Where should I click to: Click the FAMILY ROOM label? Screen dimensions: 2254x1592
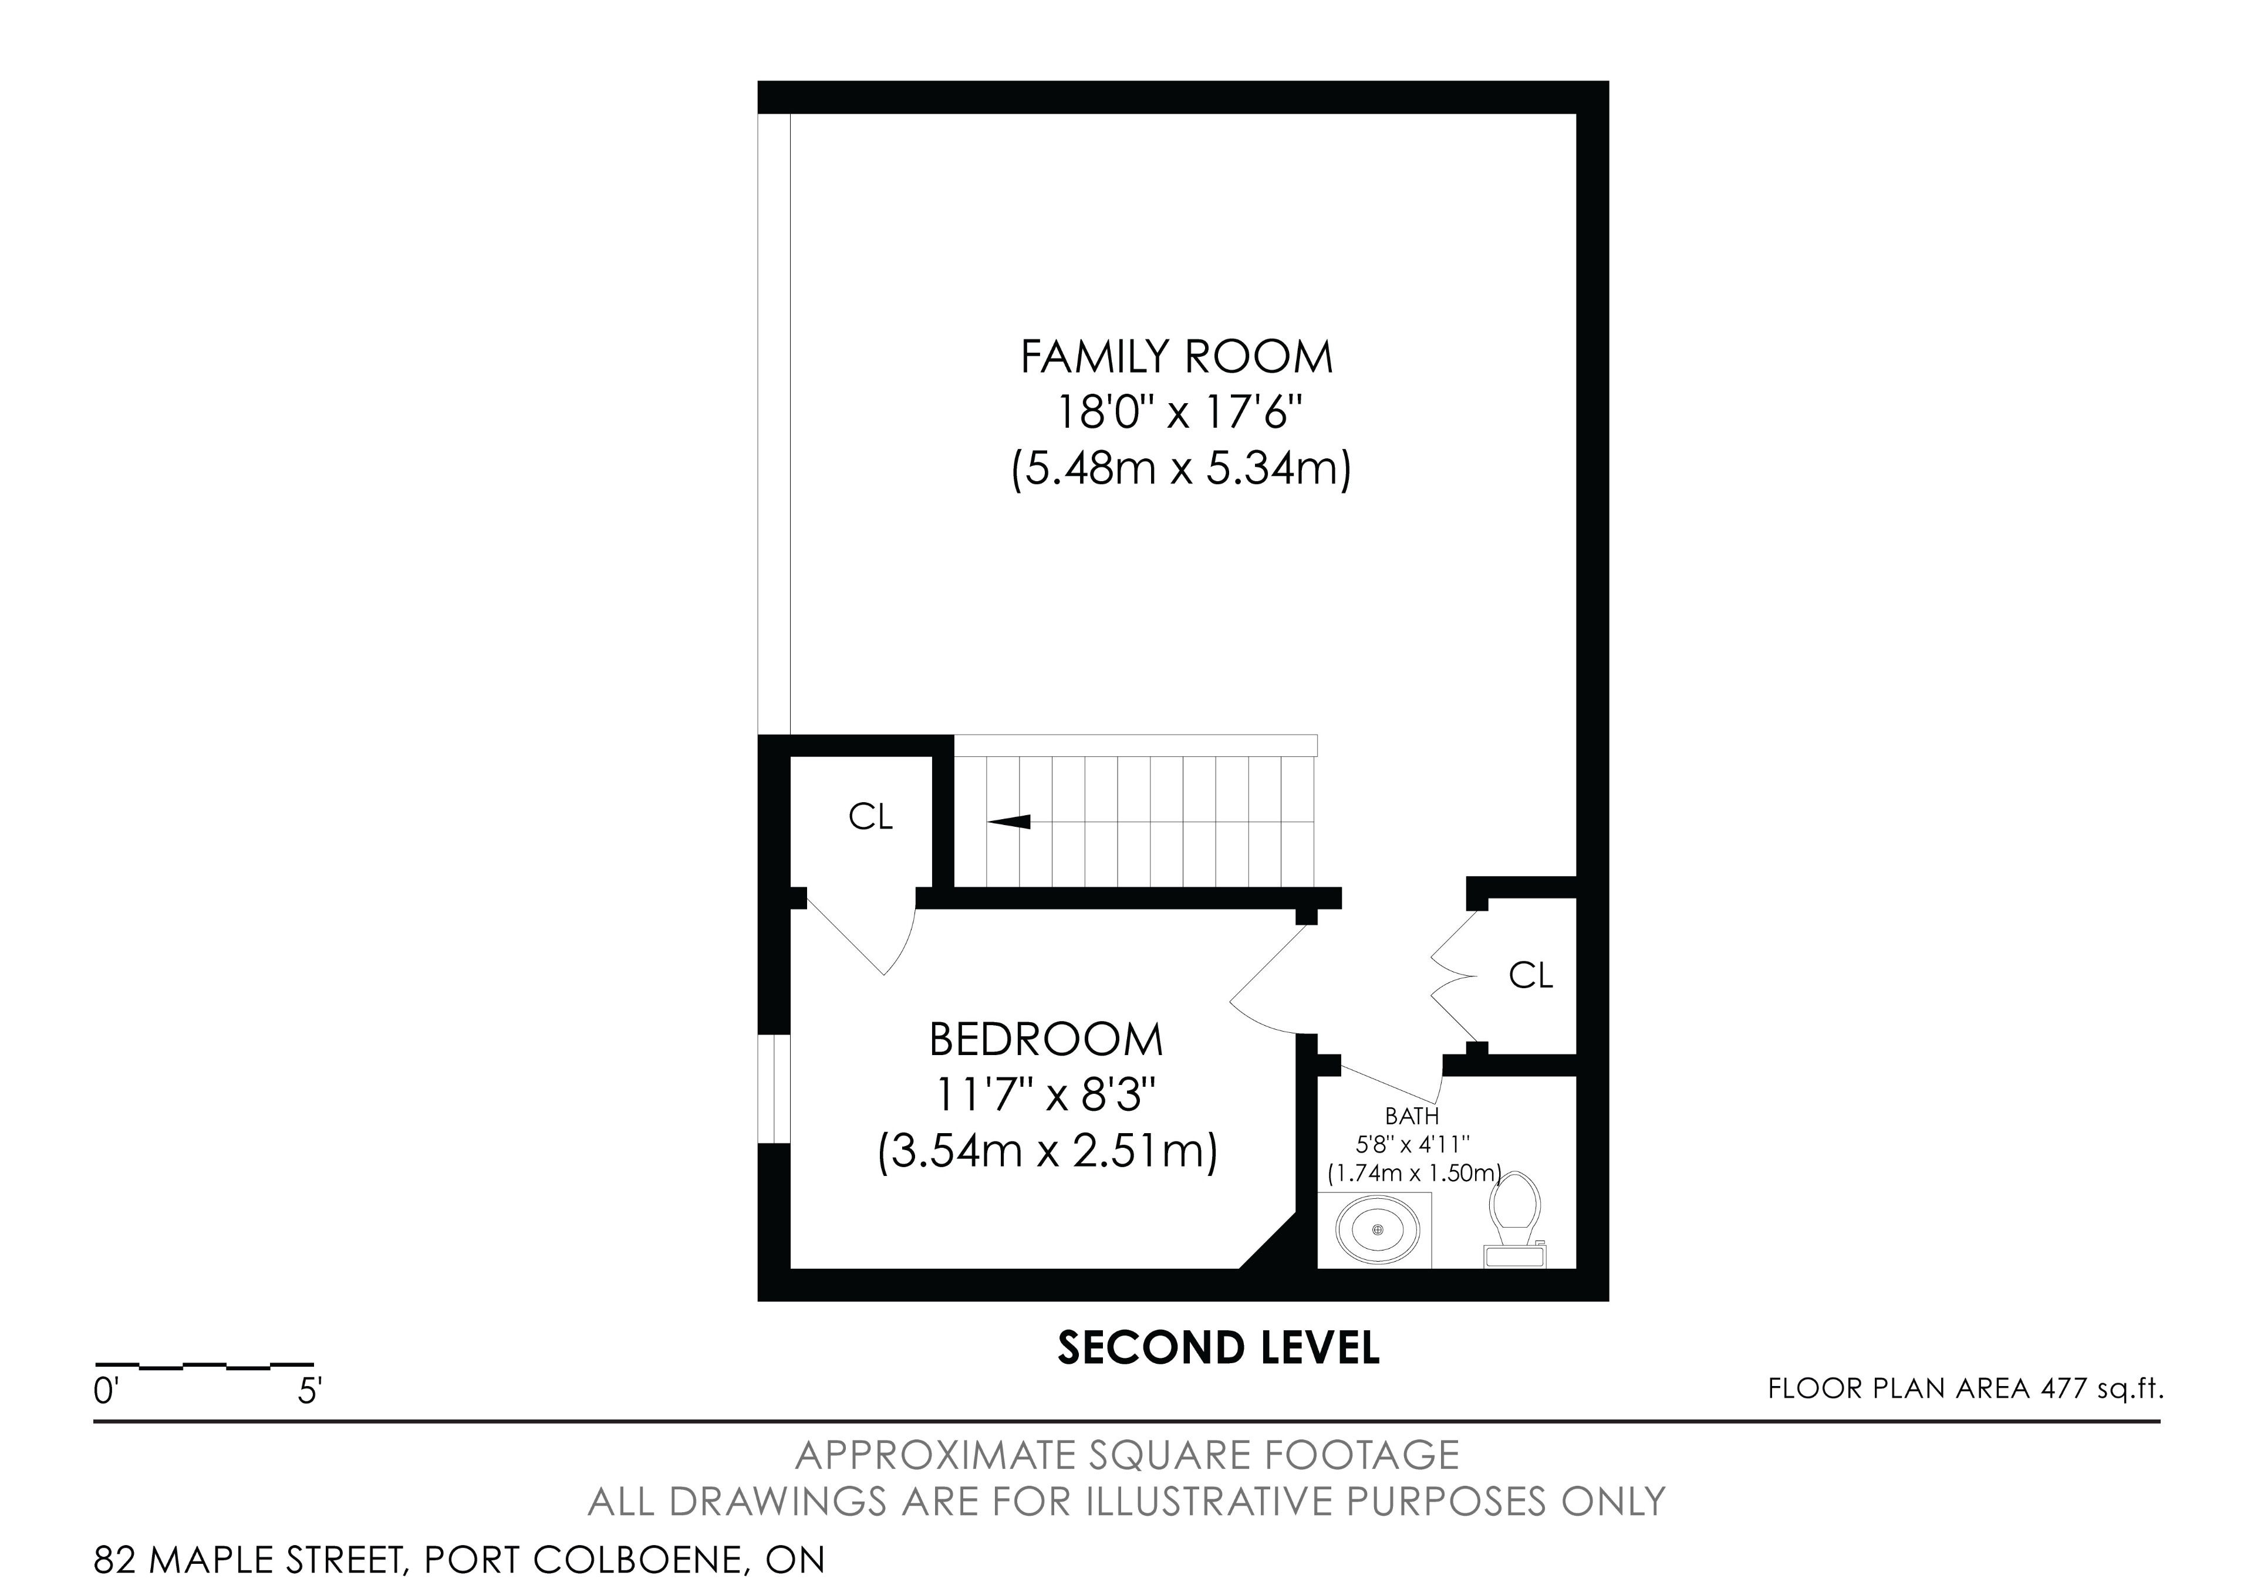point(1176,357)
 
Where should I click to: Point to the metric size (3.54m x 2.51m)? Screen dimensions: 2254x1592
point(1048,1151)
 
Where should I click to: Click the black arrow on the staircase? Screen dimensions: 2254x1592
point(1009,822)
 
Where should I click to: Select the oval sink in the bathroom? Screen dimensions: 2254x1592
point(1377,1230)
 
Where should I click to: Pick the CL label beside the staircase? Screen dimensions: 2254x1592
point(870,817)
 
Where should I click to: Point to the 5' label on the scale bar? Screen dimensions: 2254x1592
point(311,1392)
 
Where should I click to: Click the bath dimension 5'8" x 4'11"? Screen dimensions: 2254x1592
point(1412,1144)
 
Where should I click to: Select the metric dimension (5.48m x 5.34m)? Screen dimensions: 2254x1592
point(1181,468)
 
